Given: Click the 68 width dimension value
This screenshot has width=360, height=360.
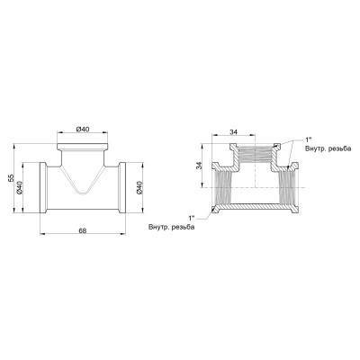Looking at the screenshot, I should [82, 231].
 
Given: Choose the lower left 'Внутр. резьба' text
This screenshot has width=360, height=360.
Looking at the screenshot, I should [173, 227].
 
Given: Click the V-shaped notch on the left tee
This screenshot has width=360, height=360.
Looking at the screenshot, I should [84, 189].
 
